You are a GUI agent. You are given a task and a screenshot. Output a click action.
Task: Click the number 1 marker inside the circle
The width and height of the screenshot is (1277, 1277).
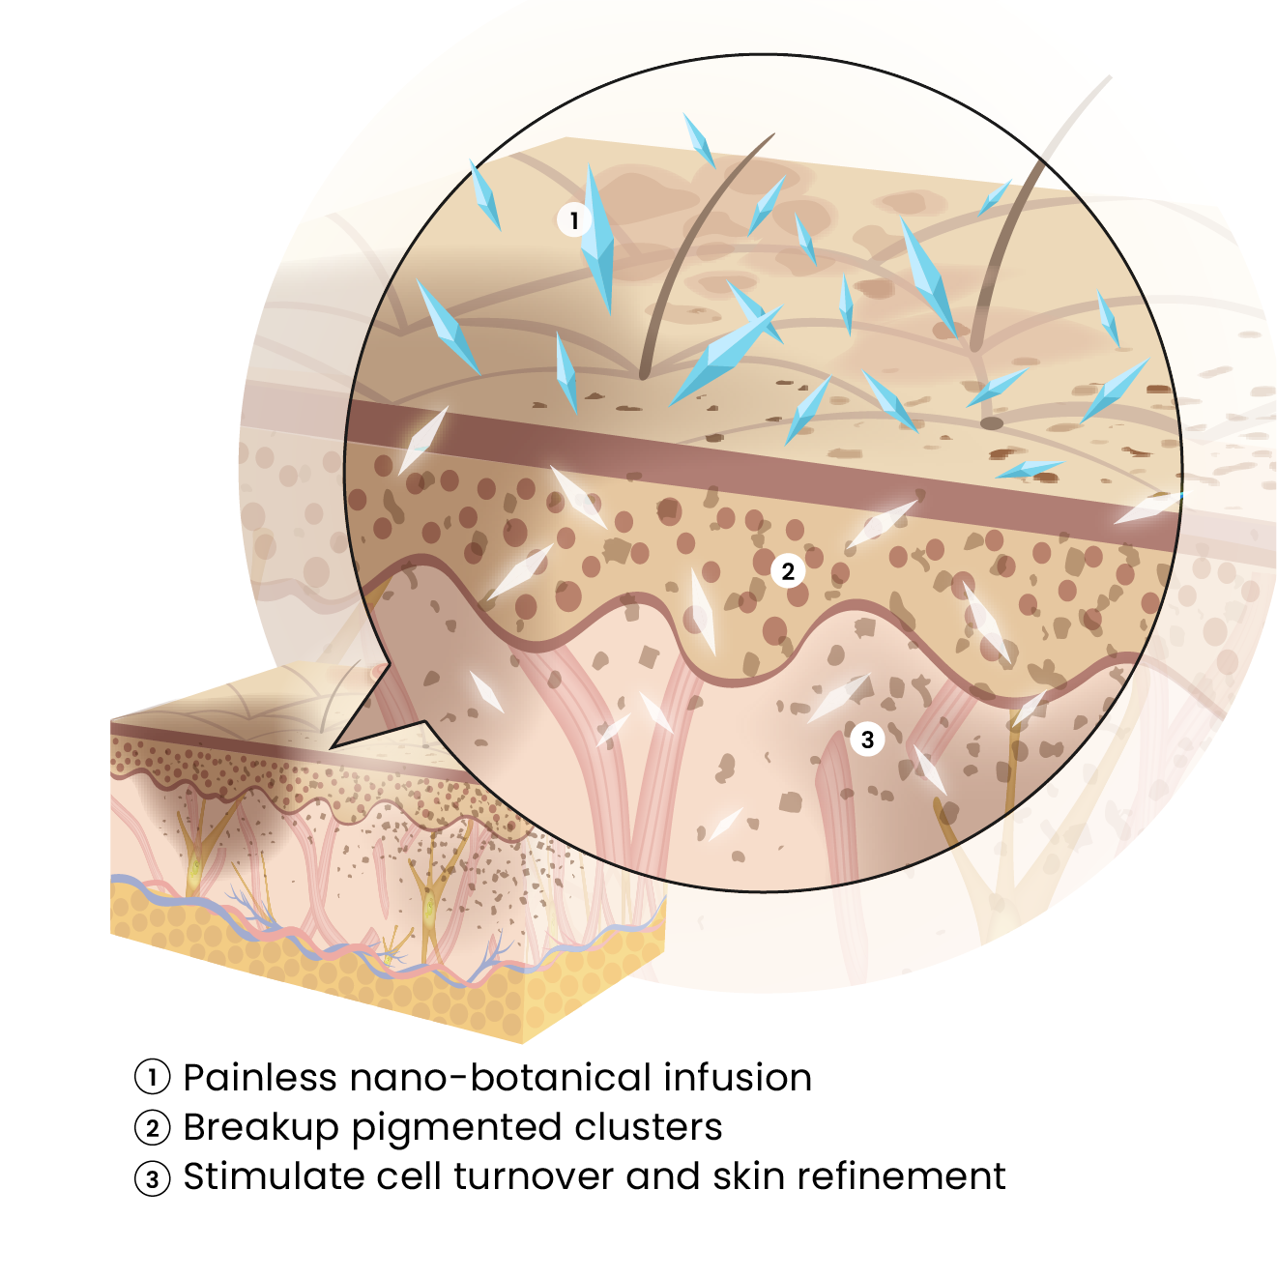click(x=574, y=219)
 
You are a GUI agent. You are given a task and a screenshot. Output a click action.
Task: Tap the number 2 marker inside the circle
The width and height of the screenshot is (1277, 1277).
click(x=787, y=570)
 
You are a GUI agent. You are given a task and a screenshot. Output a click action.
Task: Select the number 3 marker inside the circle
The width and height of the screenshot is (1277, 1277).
click(x=867, y=739)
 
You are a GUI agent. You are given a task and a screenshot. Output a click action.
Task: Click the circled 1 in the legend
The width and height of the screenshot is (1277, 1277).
click(x=153, y=1077)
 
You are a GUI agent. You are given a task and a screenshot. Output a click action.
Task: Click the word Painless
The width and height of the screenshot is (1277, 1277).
click(x=260, y=1077)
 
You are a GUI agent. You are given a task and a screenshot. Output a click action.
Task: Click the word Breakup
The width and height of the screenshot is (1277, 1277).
click(x=260, y=1128)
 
